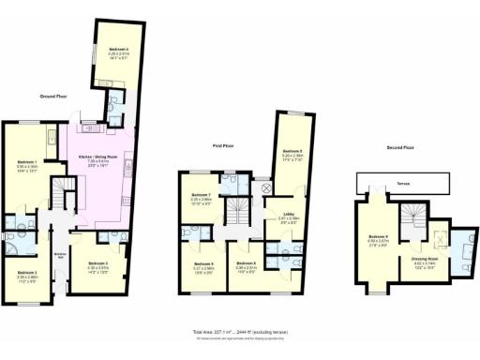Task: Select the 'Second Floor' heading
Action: (400, 147)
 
